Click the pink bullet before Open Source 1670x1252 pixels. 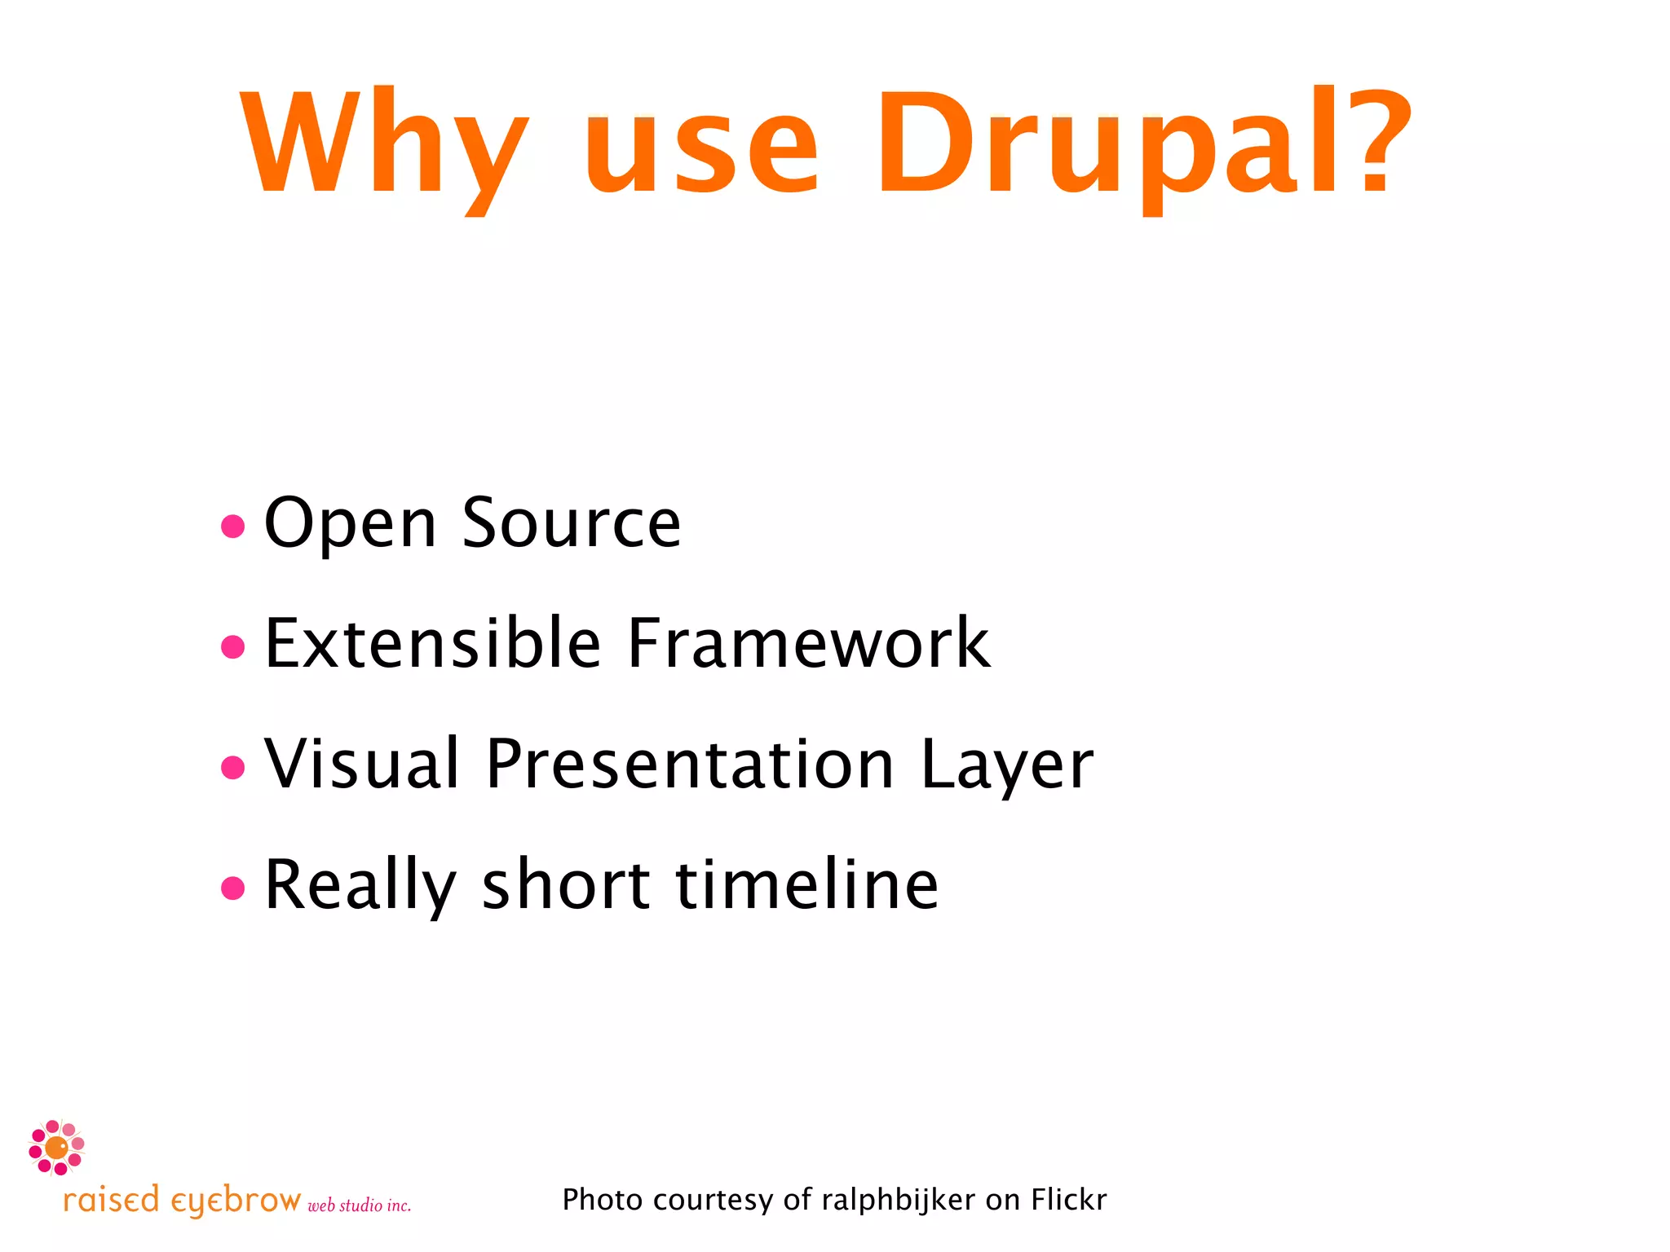tap(233, 526)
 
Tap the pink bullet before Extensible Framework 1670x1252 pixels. tap(233, 646)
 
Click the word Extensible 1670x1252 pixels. tap(433, 643)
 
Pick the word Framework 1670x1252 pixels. tap(808, 643)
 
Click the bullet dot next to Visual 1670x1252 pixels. tap(233, 767)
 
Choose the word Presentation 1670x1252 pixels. tap(690, 764)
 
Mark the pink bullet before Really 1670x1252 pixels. tap(233, 888)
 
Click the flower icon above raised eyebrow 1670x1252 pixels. tap(56, 1148)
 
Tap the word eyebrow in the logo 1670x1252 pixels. tap(236, 1201)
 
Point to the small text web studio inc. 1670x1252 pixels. tap(359, 1206)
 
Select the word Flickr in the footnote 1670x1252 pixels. tap(1068, 1199)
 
